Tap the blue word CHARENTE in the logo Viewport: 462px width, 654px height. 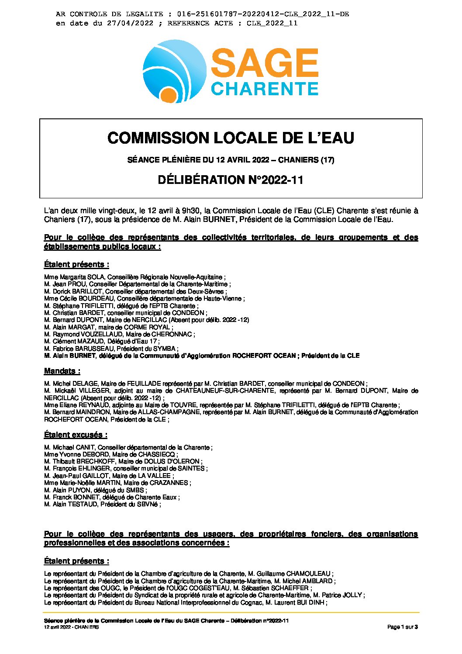click(x=264, y=88)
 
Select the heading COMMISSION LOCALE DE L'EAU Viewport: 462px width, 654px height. click(x=231, y=138)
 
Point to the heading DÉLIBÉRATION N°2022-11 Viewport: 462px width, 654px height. click(x=231, y=180)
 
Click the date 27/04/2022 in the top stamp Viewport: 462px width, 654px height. click(x=130, y=23)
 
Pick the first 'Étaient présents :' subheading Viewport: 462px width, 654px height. click(x=76, y=264)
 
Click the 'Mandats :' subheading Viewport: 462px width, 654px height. click(x=62, y=371)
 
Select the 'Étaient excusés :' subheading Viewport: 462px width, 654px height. click(x=76, y=435)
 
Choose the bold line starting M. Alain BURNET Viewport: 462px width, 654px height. click(x=202, y=356)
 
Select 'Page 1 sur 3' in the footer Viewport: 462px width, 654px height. click(x=403, y=627)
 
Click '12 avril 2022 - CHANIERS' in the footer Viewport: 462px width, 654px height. click(x=71, y=627)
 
